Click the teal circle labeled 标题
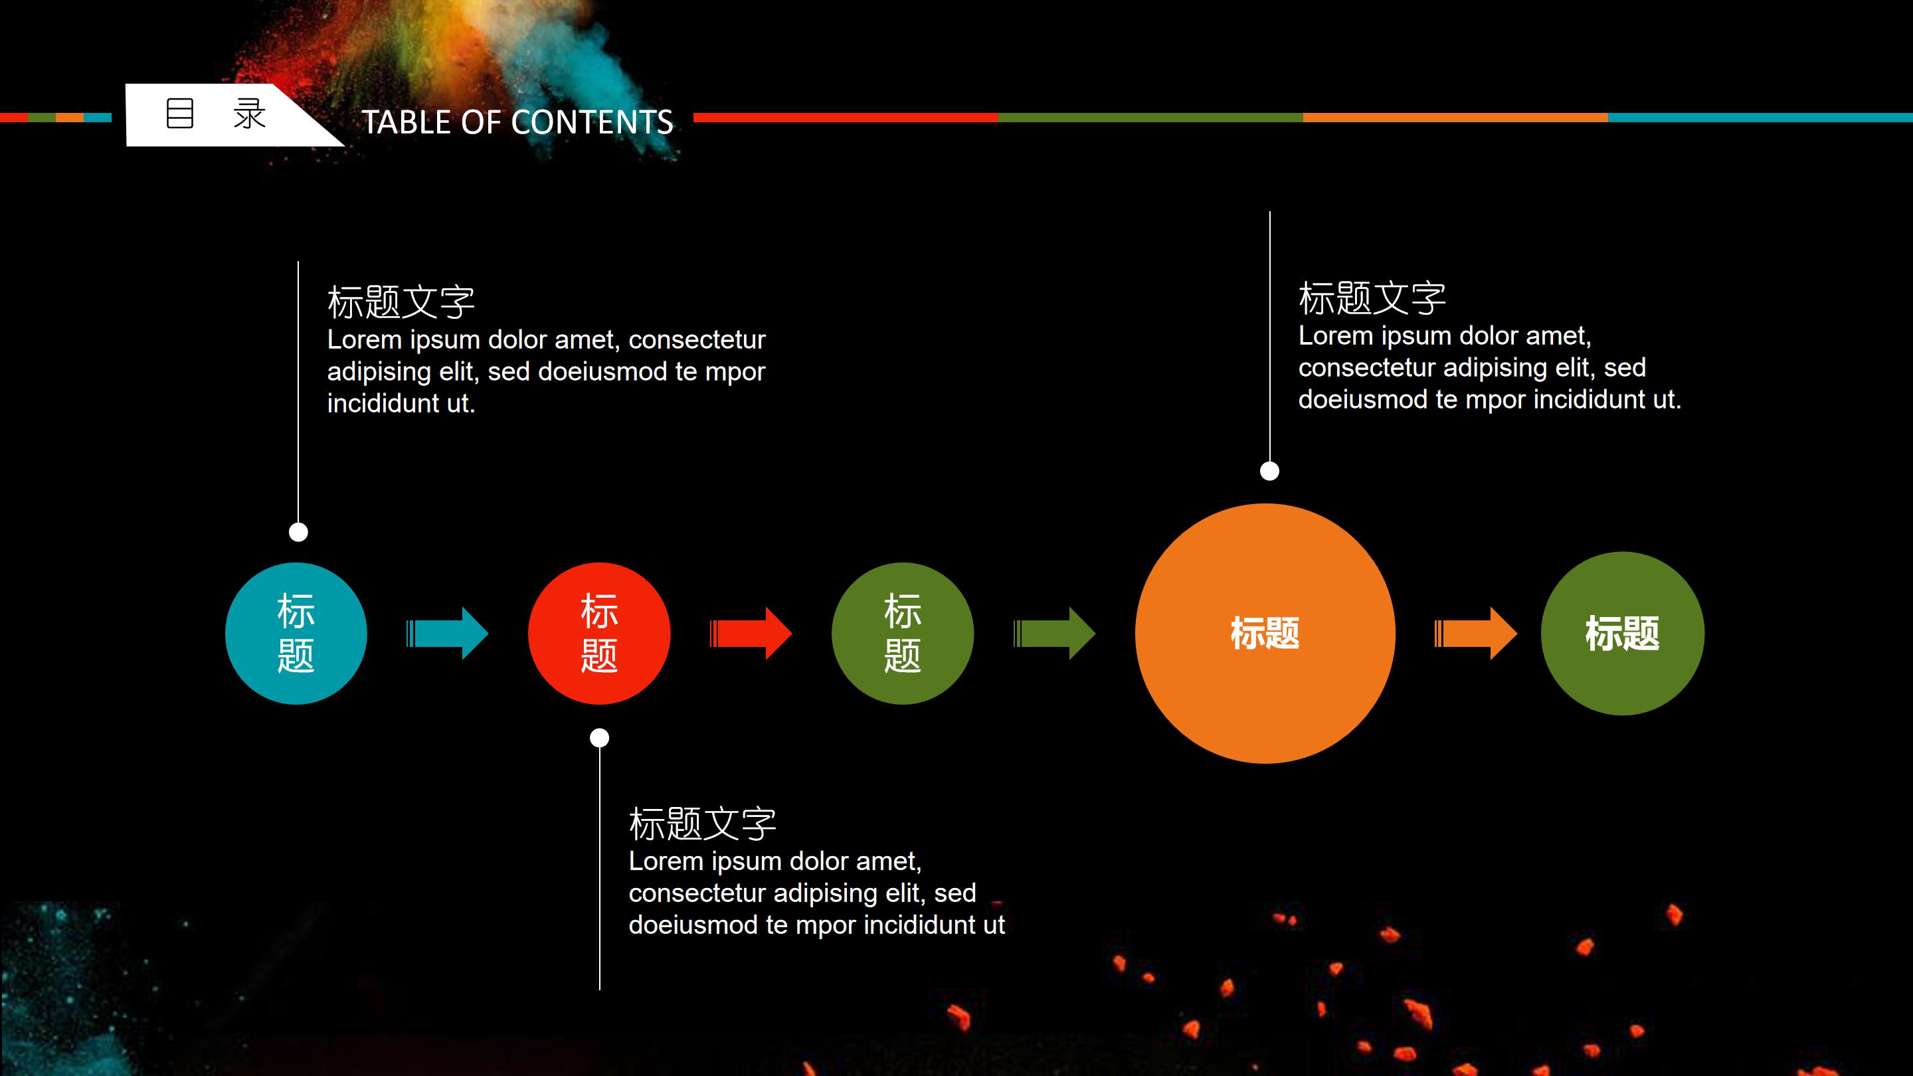[x=296, y=634]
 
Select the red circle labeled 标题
[x=598, y=634]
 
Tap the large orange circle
[x=1265, y=634]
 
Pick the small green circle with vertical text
[x=902, y=634]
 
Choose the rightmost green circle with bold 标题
[x=1622, y=634]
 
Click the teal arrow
[x=448, y=634]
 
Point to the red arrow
[x=751, y=634]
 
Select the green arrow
[x=1055, y=634]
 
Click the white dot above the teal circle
[x=298, y=531]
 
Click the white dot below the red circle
[x=599, y=737]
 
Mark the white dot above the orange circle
[x=1270, y=471]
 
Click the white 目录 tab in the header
[x=215, y=115]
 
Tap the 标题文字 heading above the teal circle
[x=401, y=302]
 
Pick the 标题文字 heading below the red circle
[x=703, y=824]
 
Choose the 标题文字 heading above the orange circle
[x=1372, y=298]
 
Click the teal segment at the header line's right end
[x=1760, y=118]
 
